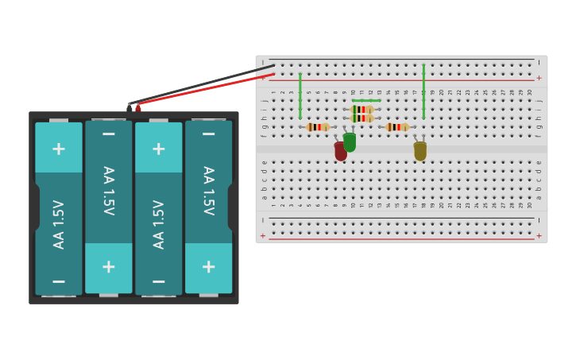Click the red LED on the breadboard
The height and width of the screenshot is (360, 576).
coord(341,151)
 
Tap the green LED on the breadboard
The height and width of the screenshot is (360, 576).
coord(350,142)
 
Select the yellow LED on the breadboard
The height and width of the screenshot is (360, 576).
coord(419,150)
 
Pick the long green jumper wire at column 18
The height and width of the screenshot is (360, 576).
coord(423,91)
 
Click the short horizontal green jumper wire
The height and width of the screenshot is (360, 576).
coord(366,101)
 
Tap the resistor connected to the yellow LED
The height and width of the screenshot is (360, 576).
coord(397,127)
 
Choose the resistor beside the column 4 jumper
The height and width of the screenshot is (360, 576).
coord(318,127)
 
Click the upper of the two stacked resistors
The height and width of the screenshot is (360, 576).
coord(362,110)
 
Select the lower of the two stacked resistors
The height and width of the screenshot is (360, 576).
coord(362,118)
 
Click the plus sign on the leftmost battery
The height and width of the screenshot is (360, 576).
coord(59,149)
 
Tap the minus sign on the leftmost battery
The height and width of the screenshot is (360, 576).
coord(59,281)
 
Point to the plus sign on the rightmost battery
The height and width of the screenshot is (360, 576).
coord(208,267)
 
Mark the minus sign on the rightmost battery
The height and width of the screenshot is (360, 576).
coord(208,134)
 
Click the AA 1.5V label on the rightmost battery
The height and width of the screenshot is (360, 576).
coord(208,191)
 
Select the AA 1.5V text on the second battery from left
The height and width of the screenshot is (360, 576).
coord(109,191)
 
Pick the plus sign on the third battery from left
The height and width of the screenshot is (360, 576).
coord(159,149)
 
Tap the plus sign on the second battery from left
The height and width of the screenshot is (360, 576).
coord(109,267)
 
